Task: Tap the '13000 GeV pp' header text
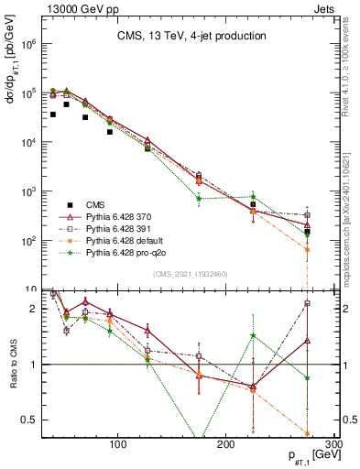click(71, 8)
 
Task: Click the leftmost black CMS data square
click(53, 115)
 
